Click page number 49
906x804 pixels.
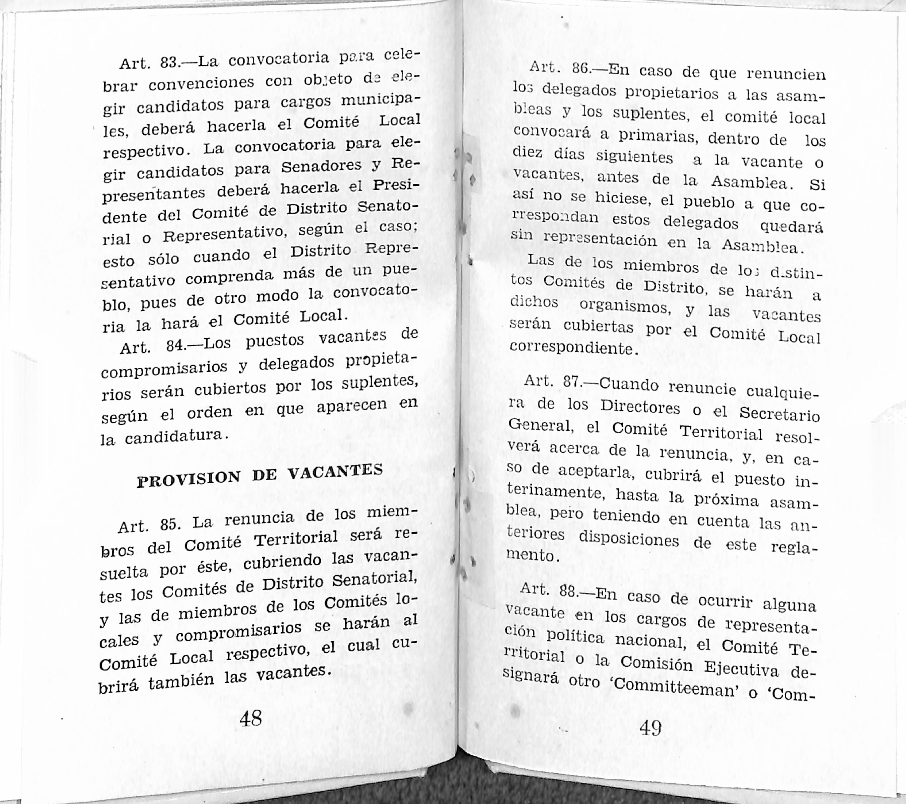click(651, 728)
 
